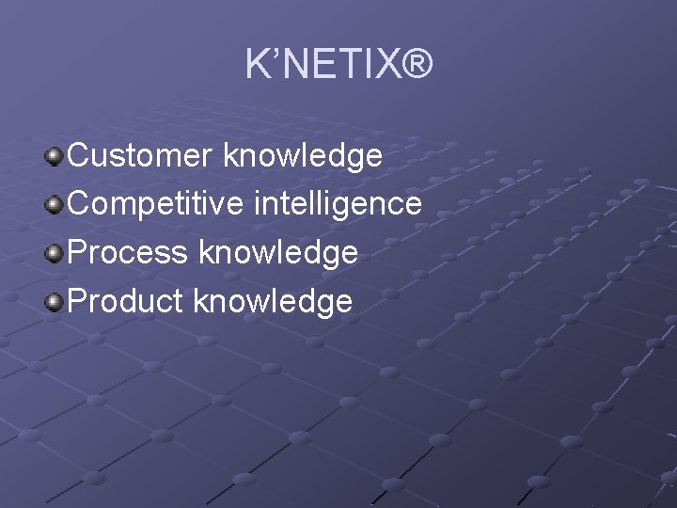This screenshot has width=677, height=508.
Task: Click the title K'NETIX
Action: coord(338,66)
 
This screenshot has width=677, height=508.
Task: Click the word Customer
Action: coord(141,155)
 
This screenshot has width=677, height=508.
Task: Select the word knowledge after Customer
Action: coord(303,156)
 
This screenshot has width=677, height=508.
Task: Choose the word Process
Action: coord(127,253)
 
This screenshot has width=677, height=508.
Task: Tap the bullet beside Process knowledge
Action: coord(55,253)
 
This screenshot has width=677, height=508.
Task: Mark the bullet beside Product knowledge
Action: coord(55,302)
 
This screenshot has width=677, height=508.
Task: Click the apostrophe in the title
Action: coord(275,55)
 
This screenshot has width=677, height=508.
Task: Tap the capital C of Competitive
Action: coord(81,204)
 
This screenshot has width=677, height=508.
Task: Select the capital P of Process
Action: coord(79,253)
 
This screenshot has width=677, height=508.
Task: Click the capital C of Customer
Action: coord(81,155)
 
